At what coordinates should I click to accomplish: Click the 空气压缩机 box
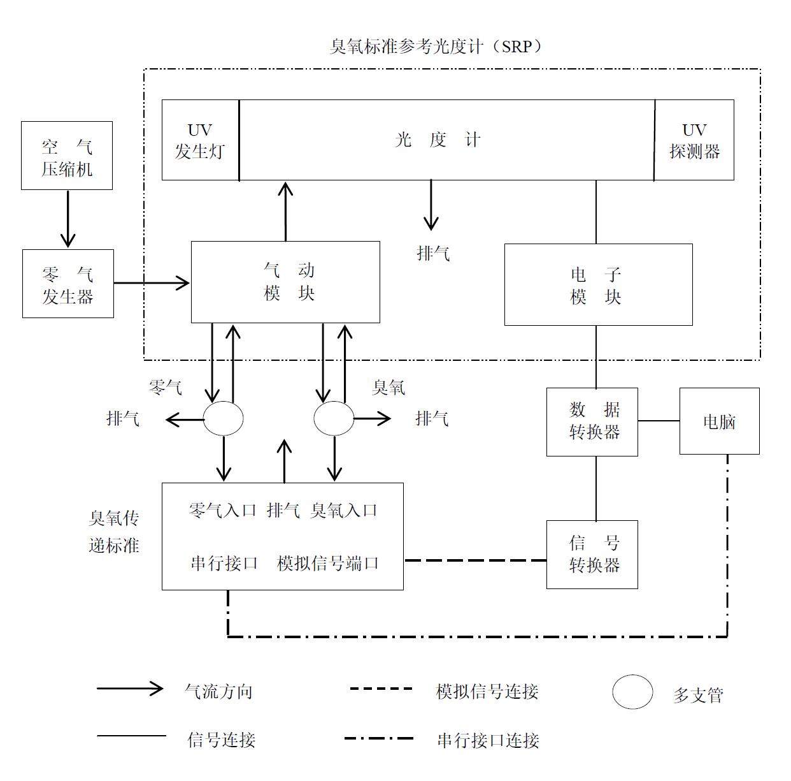click(x=67, y=156)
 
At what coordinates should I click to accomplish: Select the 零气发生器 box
click(x=68, y=284)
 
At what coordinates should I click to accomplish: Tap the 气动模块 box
click(x=285, y=282)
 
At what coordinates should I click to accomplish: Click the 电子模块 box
click(x=598, y=284)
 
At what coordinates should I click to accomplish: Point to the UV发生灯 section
click(x=200, y=140)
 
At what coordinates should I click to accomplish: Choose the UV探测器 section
click(x=694, y=140)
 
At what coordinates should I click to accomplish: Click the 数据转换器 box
click(x=592, y=421)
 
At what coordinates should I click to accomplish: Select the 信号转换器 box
click(x=592, y=554)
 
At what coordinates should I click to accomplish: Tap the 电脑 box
click(x=719, y=421)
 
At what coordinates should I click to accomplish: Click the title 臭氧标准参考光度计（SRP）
click(x=436, y=47)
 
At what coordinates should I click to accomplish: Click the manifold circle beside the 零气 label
click(x=223, y=419)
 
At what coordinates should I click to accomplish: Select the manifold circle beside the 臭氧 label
click(x=334, y=419)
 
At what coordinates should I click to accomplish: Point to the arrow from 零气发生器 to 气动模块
click(x=152, y=282)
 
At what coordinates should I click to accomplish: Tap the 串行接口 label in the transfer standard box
click(x=224, y=563)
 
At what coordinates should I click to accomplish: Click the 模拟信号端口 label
click(x=328, y=563)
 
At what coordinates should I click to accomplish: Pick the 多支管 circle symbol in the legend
click(x=632, y=692)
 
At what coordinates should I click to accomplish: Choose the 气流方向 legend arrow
click(x=130, y=689)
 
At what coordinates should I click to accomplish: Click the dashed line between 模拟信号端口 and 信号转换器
click(x=474, y=560)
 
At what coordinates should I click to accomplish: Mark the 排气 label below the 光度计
click(x=433, y=254)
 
